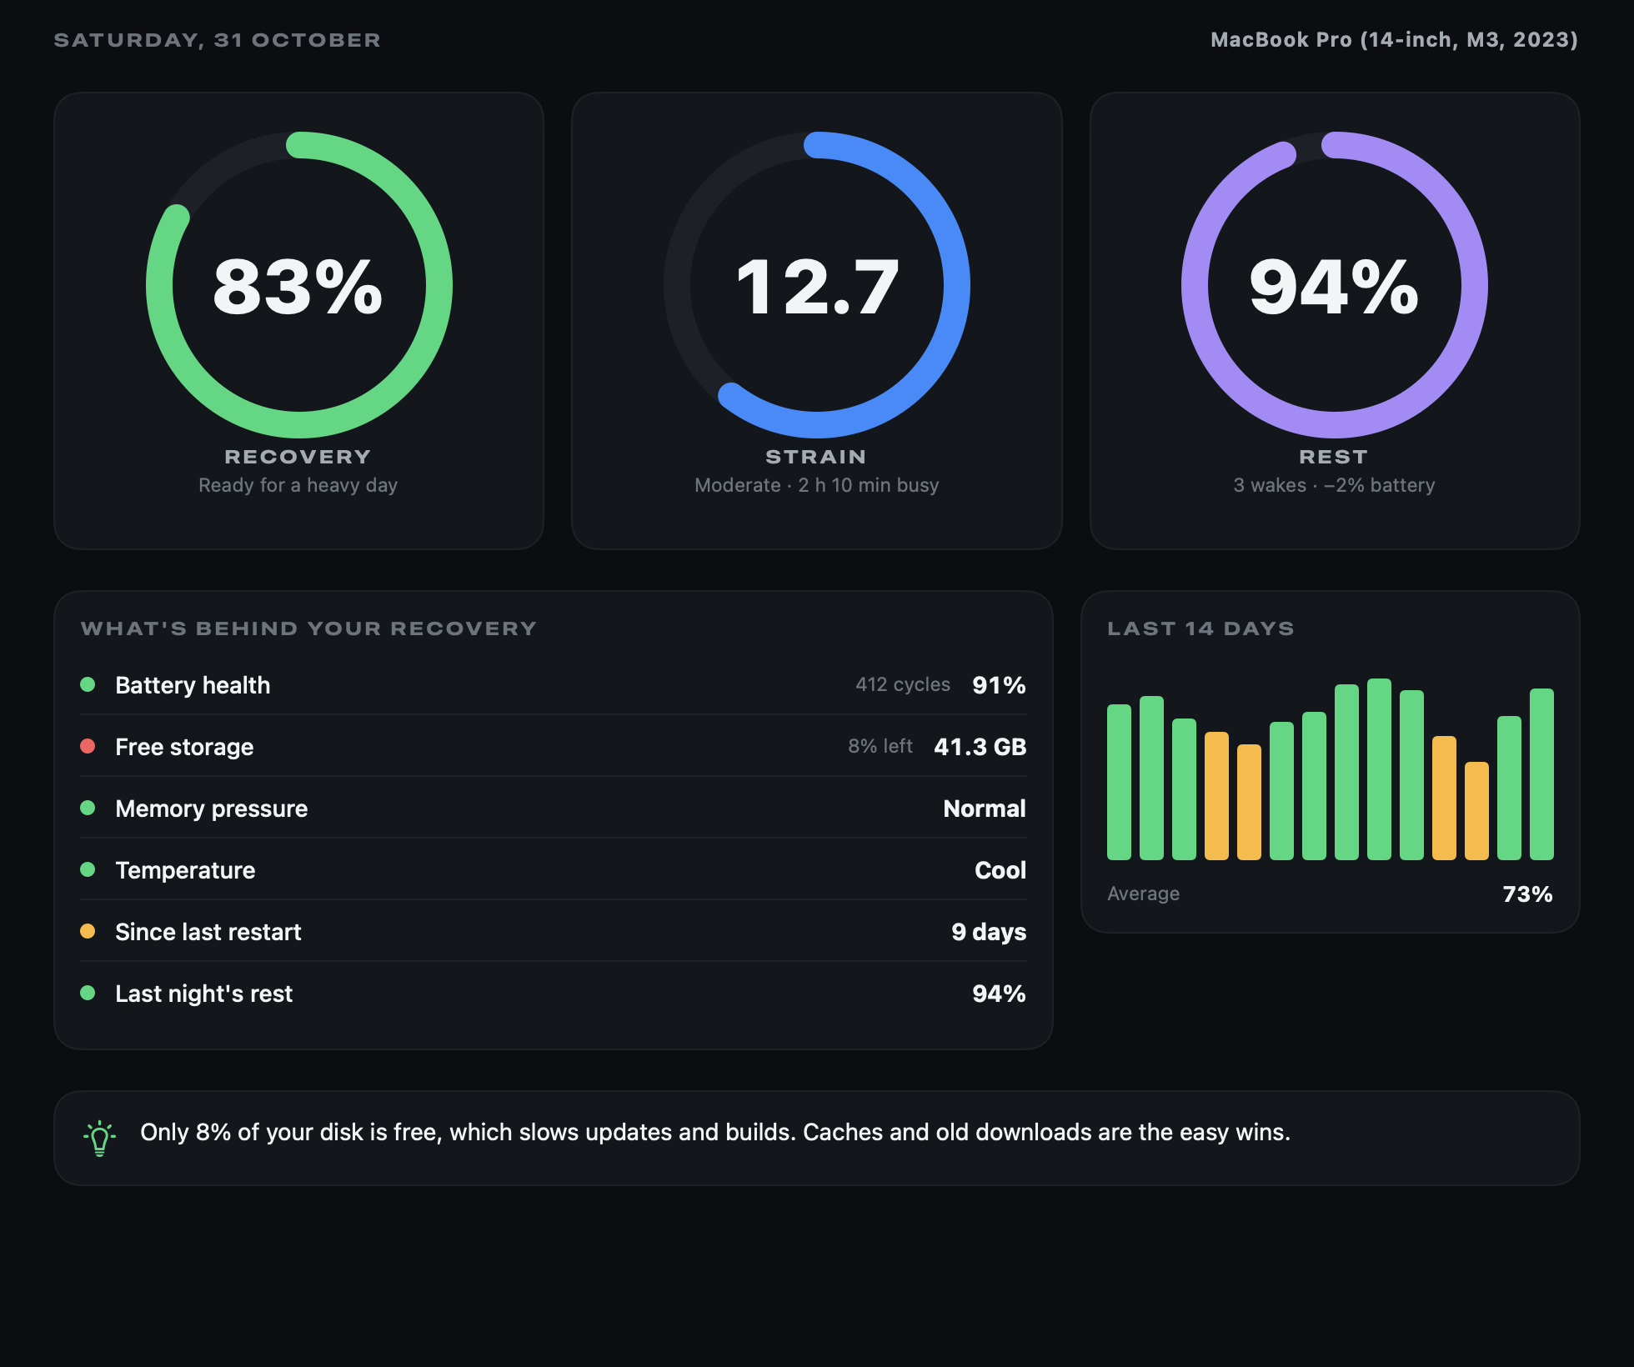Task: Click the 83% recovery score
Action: (298, 287)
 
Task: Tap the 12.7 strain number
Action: (817, 287)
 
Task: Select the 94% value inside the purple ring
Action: (1334, 287)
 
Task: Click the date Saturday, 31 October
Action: (217, 40)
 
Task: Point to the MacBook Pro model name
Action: (1394, 40)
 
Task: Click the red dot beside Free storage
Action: (88, 746)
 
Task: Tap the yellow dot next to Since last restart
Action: (88, 931)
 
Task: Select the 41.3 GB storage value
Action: (980, 747)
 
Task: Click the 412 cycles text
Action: (903, 684)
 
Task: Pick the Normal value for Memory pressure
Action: (985, 809)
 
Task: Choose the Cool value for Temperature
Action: (1000, 870)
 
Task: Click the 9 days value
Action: (989, 932)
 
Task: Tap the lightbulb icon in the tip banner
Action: (99, 1138)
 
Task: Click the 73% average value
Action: (1527, 894)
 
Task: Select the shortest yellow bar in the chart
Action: (1476, 811)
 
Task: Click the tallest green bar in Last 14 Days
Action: (1379, 769)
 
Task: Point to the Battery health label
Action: (193, 685)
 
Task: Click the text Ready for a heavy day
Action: (298, 485)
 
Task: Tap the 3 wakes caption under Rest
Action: (1270, 485)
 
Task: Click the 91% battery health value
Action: (999, 685)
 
